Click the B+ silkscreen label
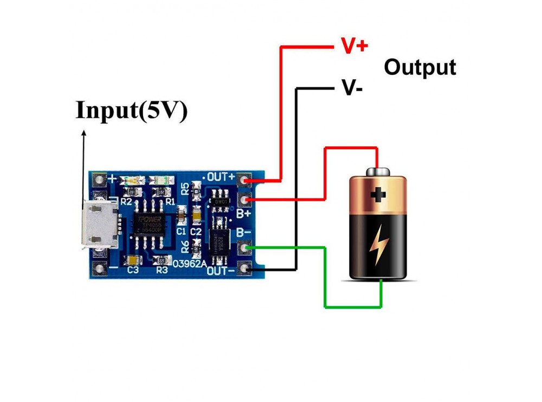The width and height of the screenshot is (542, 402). [243, 214]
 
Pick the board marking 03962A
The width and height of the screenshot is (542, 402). [190, 264]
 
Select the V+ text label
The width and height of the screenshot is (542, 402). [354, 46]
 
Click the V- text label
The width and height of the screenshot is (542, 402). [351, 87]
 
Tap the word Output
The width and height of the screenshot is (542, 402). [420, 67]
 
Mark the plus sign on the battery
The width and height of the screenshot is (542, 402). [378, 194]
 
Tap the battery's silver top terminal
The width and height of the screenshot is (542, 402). [377, 171]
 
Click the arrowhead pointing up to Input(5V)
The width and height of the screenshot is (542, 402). [83, 133]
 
